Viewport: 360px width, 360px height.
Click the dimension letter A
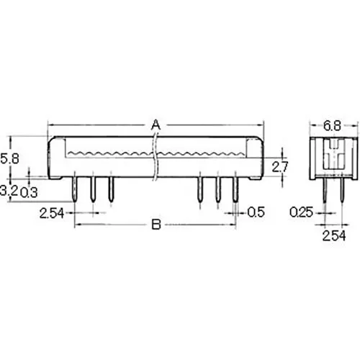[155, 125]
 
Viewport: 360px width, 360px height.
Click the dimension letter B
[155, 225]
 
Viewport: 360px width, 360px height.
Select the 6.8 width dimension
[331, 126]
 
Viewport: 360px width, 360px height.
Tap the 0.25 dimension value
[303, 212]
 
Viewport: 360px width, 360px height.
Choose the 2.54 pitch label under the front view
[51, 212]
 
